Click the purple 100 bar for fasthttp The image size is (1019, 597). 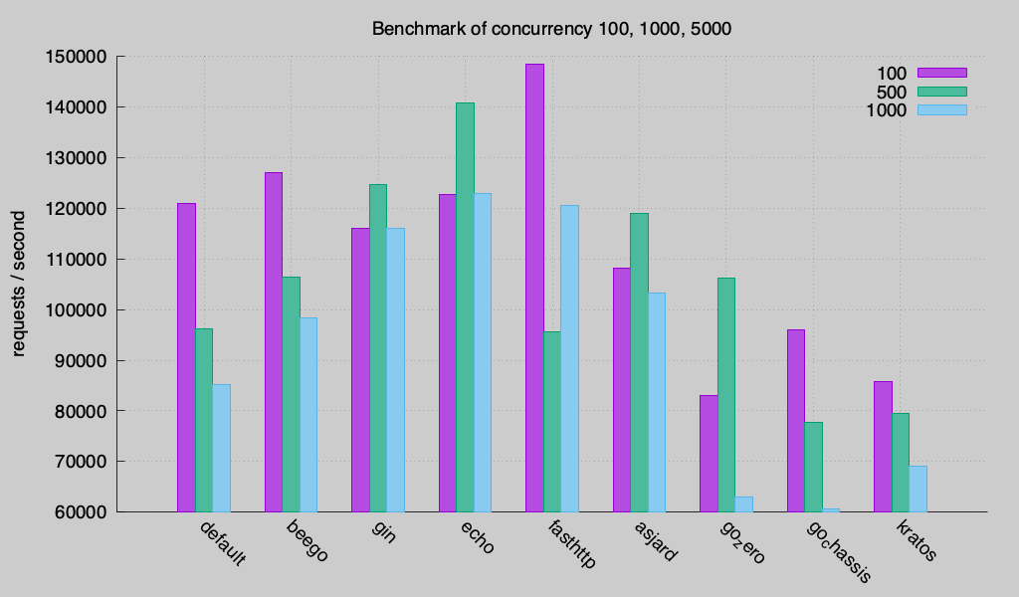point(534,289)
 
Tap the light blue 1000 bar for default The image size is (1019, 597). point(221,448)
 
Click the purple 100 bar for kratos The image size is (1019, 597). point(883,447)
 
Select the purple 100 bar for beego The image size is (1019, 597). point(274,342)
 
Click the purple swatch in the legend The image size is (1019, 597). point(941,73)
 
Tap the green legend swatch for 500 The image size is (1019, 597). point(941,92)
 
